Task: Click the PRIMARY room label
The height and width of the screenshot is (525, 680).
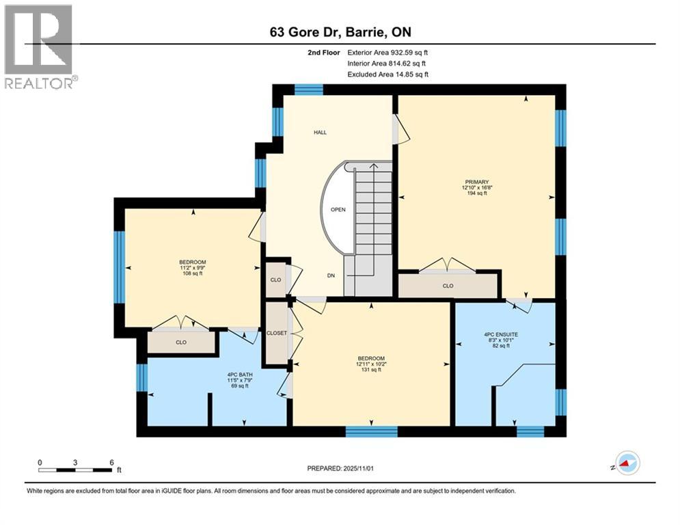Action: click(x=477, y=182)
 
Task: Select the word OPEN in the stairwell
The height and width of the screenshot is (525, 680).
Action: click(x=338, y=210)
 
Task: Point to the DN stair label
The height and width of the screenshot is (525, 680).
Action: click(x=331, y=275)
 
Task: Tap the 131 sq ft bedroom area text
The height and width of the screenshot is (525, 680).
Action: click(x=371, y=370)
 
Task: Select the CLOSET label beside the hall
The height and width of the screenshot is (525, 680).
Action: click(x=277, y=333)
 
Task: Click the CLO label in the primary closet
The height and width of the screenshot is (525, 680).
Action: click(x=448, y=286)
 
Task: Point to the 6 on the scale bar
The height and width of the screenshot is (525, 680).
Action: click(x=111, y=461)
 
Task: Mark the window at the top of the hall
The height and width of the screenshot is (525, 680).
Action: click(x=308, y=89)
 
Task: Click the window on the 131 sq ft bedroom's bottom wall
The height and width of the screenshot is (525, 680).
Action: click(x=371, y=431)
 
